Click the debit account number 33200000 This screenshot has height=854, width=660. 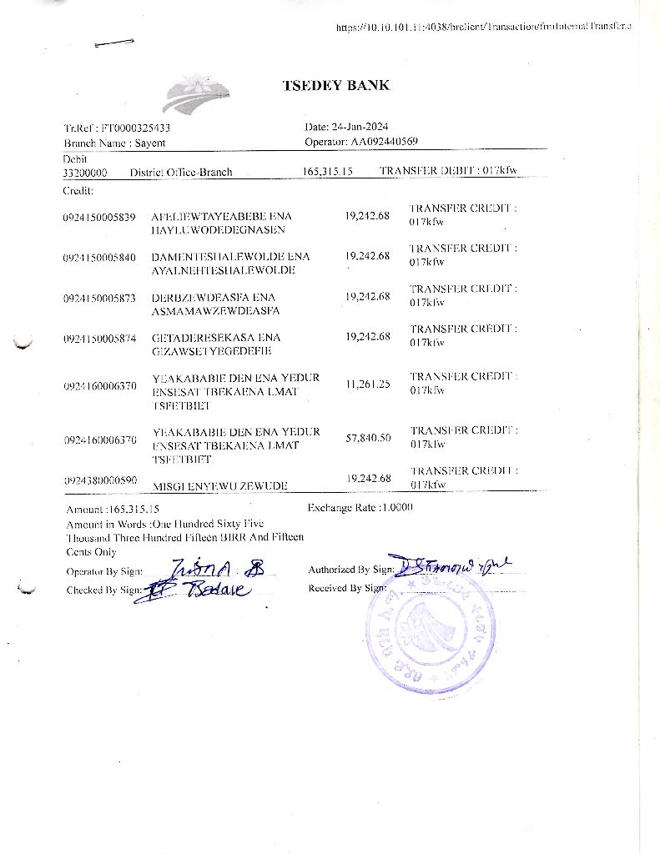[x=84, y=173]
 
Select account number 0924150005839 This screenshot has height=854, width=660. [x=98, y=217]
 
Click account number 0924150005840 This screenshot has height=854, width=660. [x=98, y=257]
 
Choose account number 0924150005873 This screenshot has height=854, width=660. [x=98, y=298]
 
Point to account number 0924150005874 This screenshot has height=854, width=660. [x=98, y=339]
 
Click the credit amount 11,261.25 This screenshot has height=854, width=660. [x=367, y=384]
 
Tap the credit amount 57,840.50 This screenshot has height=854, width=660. [x=368, y=438]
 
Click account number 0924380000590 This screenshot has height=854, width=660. [x=98, y=481]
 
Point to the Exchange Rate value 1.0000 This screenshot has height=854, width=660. [x=396, y=507]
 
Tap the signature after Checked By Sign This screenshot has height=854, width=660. [x=199, y=590]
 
